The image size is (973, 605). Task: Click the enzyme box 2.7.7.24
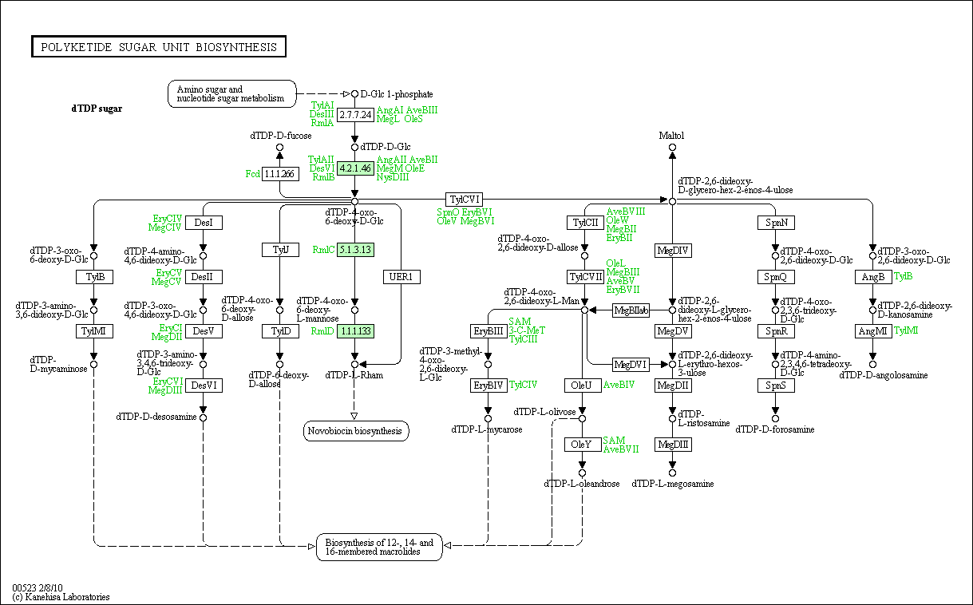[355, 115]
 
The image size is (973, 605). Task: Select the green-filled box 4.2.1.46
[355, 168]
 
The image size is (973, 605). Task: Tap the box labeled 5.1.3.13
[355, 250]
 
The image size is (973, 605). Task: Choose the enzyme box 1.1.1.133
[355, 331]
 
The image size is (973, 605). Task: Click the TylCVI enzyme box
[464, 200]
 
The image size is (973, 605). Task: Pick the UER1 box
[401, 277]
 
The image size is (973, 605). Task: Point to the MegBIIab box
[631, 310]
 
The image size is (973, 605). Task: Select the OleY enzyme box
[583, 445]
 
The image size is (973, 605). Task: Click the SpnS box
[776, 386]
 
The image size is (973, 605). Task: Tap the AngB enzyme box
[873, 277]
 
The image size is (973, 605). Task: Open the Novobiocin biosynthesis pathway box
[356, 431]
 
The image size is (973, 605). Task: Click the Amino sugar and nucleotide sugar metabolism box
[232, 94]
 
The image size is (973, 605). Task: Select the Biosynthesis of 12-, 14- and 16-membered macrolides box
[379, 548]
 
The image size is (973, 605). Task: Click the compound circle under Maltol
[672, 147]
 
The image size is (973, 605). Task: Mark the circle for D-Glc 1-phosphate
[355, 94]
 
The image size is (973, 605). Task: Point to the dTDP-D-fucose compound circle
[279, 147]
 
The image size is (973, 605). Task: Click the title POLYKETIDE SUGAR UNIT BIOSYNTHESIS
[159, 46]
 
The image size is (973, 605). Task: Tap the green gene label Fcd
[252, 174]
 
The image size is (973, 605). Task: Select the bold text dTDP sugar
[97, 109]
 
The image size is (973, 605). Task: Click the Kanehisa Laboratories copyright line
[61, 597]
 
